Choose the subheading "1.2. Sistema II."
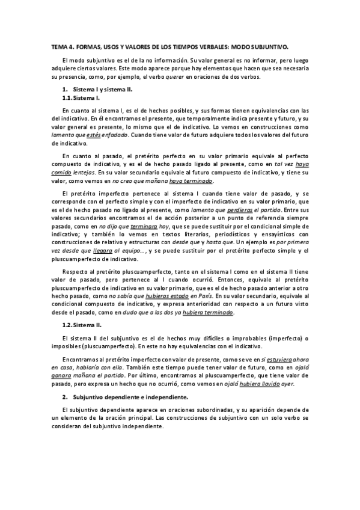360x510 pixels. click(82, 325)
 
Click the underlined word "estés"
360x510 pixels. click(94, 135)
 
